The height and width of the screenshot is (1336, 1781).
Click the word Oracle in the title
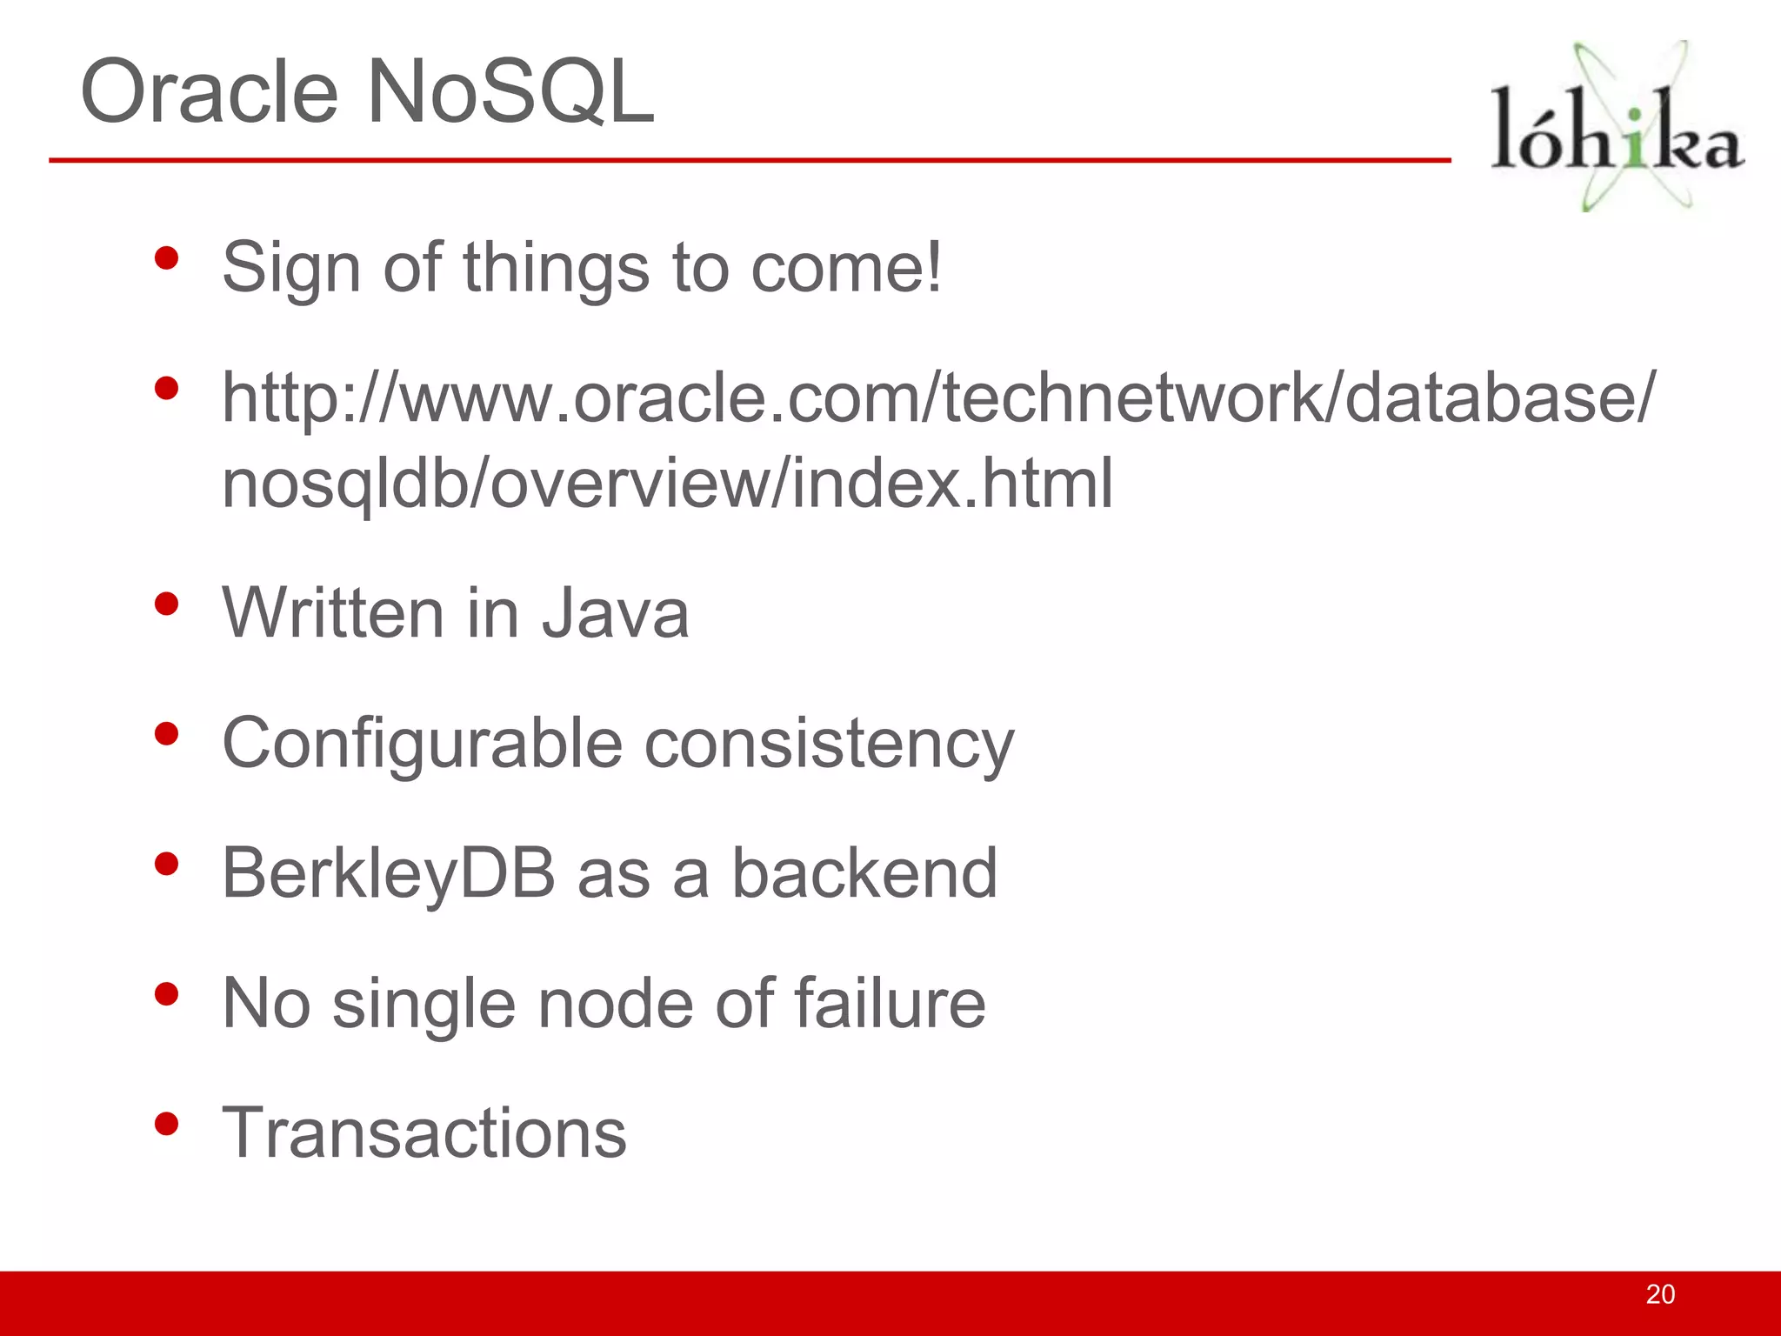tap(209, 92)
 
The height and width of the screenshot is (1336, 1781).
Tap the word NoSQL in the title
tap(510, 92)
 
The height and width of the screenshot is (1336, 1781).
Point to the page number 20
tap(1659, 1294)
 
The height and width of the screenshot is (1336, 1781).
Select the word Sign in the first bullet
tap(291, 268)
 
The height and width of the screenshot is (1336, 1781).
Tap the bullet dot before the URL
tap(166, 388)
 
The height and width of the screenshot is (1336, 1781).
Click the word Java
tap(616, 613)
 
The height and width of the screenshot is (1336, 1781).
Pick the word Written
tap(333, 613)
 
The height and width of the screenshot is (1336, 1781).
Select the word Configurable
tap(423, 745)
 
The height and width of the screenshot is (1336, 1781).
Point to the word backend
tap(864, 874)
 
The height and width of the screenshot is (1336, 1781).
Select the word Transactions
tap(424, 1133)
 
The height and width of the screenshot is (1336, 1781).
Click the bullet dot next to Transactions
tap(166, 1124)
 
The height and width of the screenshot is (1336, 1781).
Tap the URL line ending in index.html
tap(667, 484)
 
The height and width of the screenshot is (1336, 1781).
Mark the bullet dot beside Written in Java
tap(166, 604)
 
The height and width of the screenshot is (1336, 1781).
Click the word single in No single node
tap(424, 1004)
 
